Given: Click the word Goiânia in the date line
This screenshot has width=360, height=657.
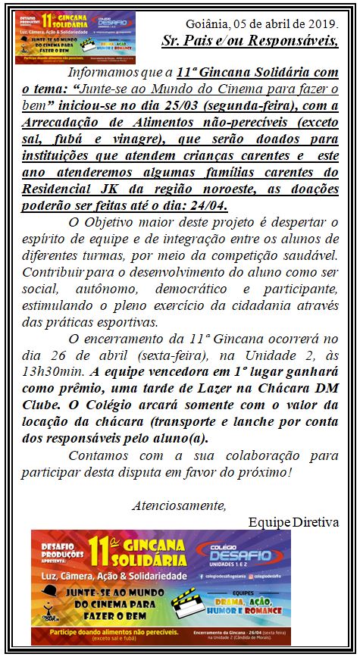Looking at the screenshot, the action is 210,24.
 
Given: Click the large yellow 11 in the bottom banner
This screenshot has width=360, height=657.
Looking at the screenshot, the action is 98,547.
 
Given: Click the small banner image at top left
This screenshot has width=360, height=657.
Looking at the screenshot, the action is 74,37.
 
